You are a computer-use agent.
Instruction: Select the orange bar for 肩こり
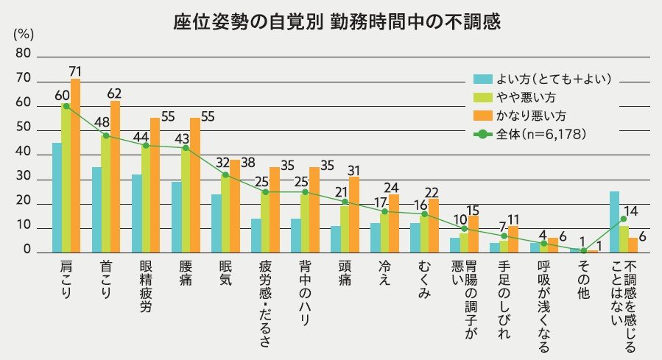tap(75, 166)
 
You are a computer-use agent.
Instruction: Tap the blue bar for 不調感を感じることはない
tap(614, 222)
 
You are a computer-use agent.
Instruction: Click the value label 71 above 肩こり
tap(75, 71)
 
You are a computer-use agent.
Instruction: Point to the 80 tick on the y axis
tap(23, 54)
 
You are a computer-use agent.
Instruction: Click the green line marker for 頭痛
tap(344, 202)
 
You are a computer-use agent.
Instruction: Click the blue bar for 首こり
tap(96, 210)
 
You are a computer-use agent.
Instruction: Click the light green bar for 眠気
tap(225, 213)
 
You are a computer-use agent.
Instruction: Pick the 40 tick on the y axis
tap(23, 154)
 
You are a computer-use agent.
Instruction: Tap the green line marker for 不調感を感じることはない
tap(624, 219)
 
